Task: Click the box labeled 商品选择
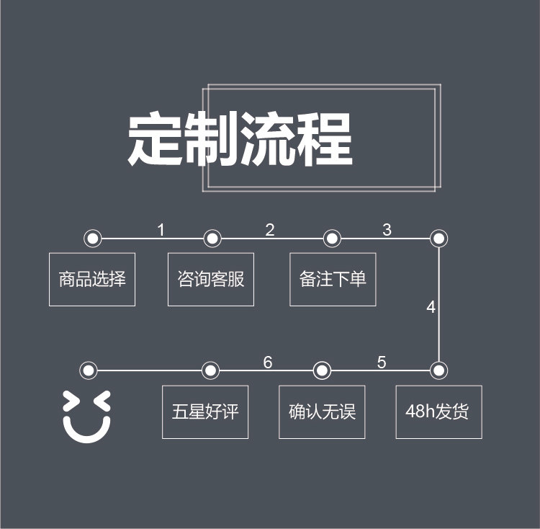(92, 279)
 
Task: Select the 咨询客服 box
(211, 279)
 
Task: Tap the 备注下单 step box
(333, 279)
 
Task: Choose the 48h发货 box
(438, 412)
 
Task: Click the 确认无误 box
(322, 412)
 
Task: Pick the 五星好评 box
(205, 412)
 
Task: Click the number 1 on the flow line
(161, 231)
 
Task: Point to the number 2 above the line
(270, 231)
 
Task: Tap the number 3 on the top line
(387, 231)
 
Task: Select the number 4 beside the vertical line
(431, 308)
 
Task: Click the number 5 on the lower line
(382, 363)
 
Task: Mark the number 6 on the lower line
(268, 363)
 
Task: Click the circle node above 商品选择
(92, 239)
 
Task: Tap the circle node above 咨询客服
(212, 239)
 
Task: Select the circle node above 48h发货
(439, 371)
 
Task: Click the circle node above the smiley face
(89, 371)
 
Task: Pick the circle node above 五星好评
(210, 371)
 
